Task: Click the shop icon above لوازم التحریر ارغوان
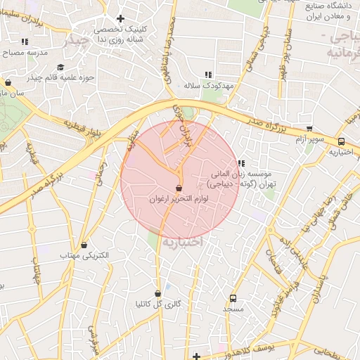click(179, 188)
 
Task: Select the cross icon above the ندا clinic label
click(120, 18)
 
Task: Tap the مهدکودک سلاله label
click(207, 84)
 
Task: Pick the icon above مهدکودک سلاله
click(207, 74)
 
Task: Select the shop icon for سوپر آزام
click(309, 129)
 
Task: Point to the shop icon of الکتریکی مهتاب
click(85, 245)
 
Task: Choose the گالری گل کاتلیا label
click(158, 304)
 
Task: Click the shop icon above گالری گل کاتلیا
click(157, 293)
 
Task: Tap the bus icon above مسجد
click(233, 297)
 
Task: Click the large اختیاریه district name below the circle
click(182, 242)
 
